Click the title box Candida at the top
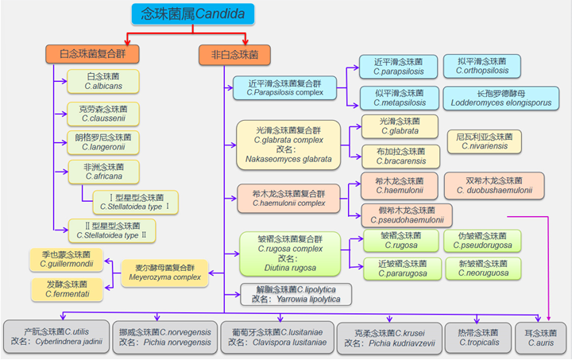192,14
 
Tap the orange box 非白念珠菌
234,55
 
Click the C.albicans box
102,80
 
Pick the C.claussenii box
102,113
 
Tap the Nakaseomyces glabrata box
288,145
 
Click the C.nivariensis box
485,141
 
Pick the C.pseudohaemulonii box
406,215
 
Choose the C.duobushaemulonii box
487,184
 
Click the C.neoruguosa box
483,268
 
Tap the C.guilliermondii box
68,258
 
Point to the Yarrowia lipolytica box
296,294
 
